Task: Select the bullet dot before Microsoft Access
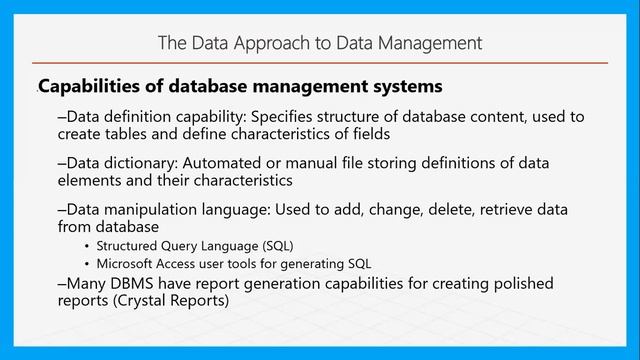87,264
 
